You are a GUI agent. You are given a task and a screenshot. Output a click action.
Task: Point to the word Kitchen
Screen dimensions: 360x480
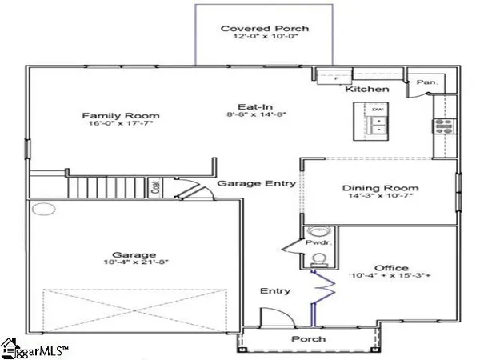coord(366,90)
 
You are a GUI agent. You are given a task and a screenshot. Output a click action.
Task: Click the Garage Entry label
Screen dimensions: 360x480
coord(257,183)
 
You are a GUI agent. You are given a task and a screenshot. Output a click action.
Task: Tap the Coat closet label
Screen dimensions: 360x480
coord(157,189)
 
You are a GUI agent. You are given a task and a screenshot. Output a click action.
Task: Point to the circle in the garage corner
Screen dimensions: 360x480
coord(42,211)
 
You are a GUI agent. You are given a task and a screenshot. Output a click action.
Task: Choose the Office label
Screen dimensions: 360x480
coord(391,268)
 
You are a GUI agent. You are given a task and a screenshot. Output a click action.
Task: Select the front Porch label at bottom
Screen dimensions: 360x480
coord(309,338)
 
